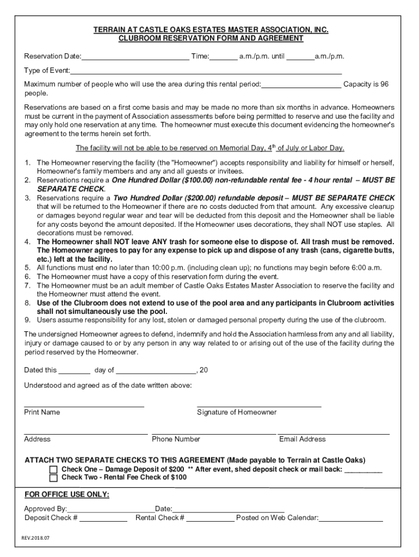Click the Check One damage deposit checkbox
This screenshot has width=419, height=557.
tap(53, 469)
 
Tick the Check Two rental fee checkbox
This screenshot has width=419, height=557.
tap(53, 478)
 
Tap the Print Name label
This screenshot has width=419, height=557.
tap(42, 412)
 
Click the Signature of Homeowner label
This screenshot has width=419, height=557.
tap(237, 412)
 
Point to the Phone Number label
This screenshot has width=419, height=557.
tap(176, 439)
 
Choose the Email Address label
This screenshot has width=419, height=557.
tap(303, 439)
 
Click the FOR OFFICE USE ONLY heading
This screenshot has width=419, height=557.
tap(67, 494)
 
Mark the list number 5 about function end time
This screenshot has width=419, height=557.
tap(27, 268)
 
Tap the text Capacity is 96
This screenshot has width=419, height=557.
tap(366, 84)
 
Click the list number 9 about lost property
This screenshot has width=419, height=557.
tap(27, 320)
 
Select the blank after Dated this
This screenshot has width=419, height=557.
tap(74, 370)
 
